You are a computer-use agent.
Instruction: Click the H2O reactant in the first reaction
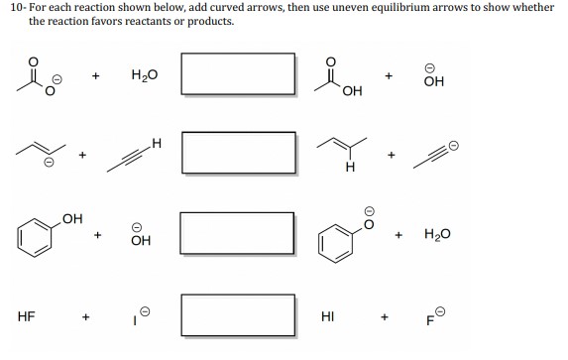point(144,74)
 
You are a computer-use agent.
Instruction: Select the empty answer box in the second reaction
point(237,152)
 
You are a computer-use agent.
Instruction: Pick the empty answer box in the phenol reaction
point(237,233)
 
